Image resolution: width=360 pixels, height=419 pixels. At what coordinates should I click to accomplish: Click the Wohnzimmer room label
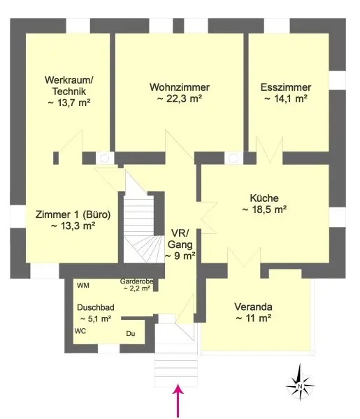180,87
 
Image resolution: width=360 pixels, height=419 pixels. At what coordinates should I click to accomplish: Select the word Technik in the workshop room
69,91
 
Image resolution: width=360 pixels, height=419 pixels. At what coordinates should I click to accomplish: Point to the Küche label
264,198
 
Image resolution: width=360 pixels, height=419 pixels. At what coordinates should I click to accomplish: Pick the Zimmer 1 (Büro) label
73,214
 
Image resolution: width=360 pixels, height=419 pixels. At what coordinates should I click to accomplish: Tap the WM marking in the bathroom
83,286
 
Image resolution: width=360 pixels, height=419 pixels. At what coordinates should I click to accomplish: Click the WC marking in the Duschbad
80,331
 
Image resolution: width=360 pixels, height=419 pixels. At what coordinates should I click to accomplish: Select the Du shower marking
131,334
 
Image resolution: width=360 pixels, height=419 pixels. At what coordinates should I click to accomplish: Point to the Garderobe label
137,281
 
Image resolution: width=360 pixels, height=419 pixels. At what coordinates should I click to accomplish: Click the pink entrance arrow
178,401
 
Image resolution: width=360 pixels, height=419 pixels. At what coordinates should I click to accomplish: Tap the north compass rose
300,385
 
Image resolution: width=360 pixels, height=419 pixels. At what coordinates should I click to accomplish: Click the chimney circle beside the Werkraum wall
104,159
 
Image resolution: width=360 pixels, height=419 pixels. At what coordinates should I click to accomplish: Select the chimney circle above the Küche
233,159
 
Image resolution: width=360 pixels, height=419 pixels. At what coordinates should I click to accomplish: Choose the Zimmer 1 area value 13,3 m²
73,226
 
